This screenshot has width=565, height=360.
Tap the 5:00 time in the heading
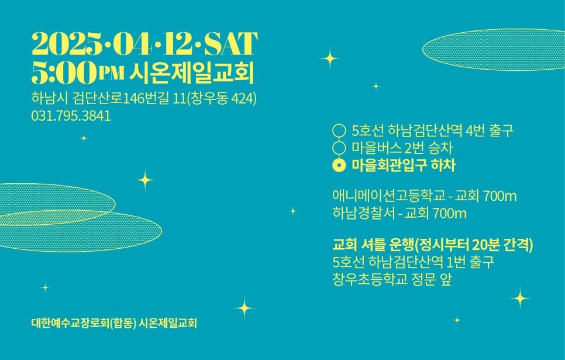64,73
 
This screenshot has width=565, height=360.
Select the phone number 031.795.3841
71,116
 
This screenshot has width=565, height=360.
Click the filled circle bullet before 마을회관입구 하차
339,166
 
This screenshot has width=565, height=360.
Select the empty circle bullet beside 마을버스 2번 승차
339,148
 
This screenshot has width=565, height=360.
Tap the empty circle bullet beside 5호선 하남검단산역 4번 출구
339,131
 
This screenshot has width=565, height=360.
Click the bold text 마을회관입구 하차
404,166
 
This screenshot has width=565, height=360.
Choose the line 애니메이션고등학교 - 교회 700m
424,196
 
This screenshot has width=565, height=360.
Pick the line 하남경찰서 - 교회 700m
399,213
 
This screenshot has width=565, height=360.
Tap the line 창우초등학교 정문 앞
392,279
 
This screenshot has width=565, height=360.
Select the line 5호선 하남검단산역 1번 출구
413,262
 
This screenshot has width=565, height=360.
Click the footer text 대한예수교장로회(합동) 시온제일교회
114,323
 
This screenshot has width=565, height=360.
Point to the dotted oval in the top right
494,49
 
